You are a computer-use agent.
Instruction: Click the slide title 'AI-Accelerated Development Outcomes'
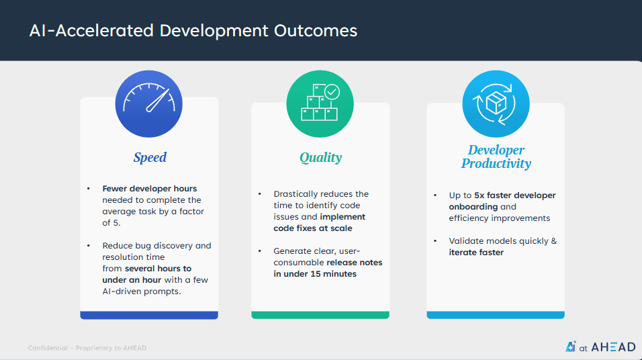click(x=193, y=31)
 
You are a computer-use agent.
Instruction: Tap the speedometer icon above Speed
click(x=149, y=104)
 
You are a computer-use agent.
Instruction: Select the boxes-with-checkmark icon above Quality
click(x=320, y=104)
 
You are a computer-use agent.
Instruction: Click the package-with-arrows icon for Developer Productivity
click(x=496, y=104)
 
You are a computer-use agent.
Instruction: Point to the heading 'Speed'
click(x=150, y=158)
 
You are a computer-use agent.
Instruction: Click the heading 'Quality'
click(x=320, y=158)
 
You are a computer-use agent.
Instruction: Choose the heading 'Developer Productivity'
click(x=496, y=156)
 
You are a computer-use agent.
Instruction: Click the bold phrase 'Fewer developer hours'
click(x=149, y=188)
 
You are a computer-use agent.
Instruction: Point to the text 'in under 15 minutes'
click(x=315, y=274)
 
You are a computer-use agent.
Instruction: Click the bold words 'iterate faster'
click(x=476, y=253)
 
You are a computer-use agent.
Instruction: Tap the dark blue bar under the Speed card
click(x=149, y=315)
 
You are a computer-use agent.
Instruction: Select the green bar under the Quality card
click(x=320, y=315)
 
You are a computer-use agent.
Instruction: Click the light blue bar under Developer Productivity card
click(x=496, y=315)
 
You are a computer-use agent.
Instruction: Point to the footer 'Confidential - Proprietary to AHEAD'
click(x=87, y=348)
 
